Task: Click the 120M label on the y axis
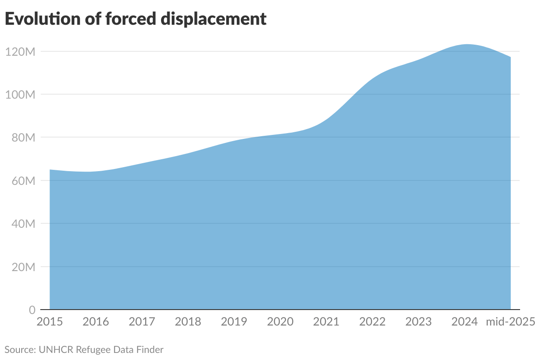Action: (x=20, y=52)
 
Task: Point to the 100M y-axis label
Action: (x=20, y=95)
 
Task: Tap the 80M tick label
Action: (x=22, y=138)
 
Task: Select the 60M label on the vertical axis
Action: (x=22, y=181)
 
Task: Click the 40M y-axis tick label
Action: (x=22, y=224)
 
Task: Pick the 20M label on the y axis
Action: (x=22, y=267)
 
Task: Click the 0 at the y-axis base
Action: (x=32, y=310)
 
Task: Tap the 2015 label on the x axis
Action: (x=50, y=322)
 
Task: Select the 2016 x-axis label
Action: (x=96, y=322)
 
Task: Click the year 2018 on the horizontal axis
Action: (x=188, y=322)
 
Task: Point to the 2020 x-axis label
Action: (x=280, y=322)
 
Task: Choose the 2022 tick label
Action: (x=372, y=322)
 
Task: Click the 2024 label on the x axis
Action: (x=464, y=322)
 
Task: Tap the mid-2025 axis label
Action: (x=510, y=322)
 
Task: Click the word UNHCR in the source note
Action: (x=56, y=350)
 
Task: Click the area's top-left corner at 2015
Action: (x=50, y=170)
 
